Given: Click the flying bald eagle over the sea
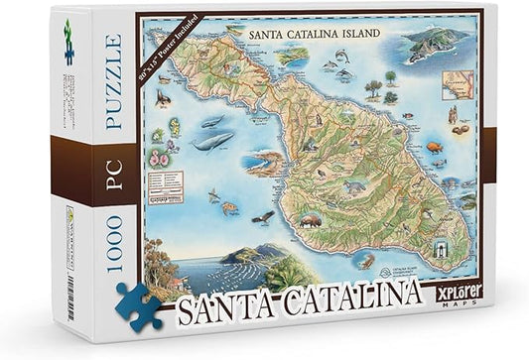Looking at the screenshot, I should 262,215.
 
